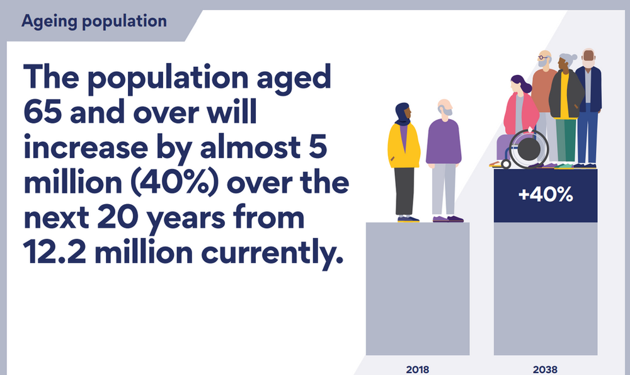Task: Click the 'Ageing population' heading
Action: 94,21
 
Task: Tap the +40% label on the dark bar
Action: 545,195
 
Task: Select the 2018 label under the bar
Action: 418,369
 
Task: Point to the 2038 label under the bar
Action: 545,369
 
